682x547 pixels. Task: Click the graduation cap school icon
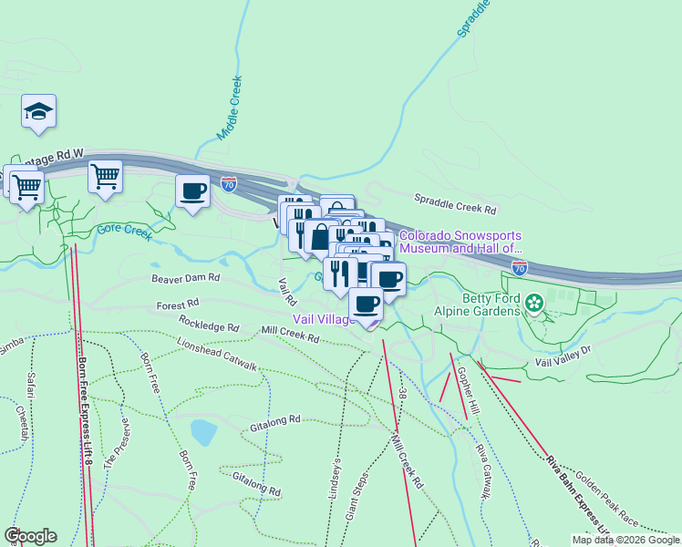(x=38, y=111)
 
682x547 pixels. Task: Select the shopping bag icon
(x=320, y=237)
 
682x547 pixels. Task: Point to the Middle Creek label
(x=229, y=108)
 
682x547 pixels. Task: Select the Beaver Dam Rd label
(x=186, y=277)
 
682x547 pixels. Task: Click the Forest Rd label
(x=177, y=305)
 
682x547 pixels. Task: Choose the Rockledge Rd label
(x=209, y=325)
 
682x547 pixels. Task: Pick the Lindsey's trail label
(x=333, y=476)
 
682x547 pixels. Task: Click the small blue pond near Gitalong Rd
(x=203, y=430)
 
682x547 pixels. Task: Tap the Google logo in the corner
(x=30, y=536)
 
